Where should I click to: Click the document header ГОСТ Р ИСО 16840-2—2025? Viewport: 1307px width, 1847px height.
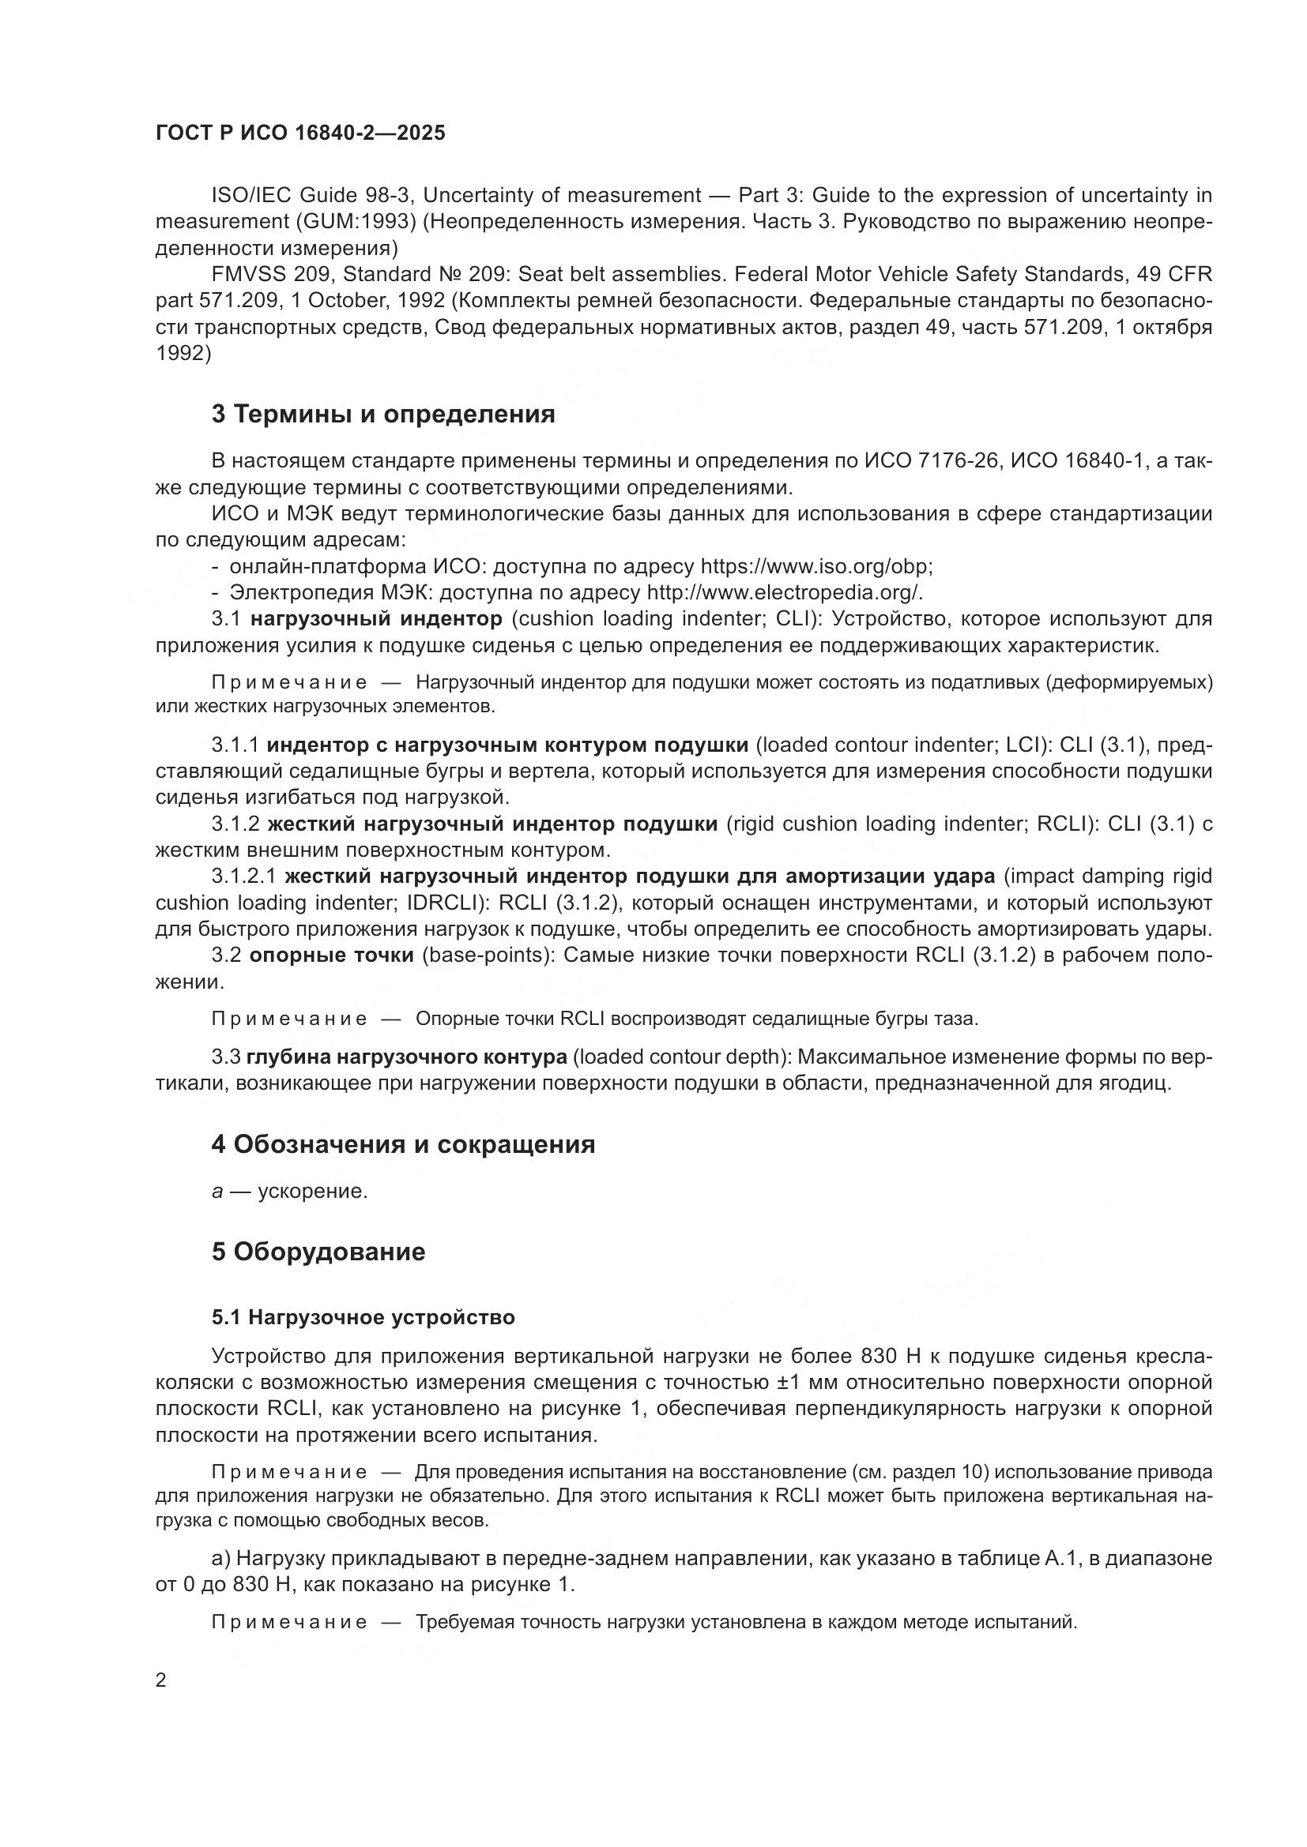coord(300,133)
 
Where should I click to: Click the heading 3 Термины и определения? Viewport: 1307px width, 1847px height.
coord(383,415)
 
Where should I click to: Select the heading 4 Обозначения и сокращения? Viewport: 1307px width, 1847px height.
coord(403,1145)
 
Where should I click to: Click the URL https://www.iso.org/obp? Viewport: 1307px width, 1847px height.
coord(815,566)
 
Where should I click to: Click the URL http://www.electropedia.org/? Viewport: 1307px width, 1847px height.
coord(784,593)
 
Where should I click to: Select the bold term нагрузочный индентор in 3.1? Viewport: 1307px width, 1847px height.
coord(376,619)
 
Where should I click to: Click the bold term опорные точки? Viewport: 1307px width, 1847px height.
coord(332,955)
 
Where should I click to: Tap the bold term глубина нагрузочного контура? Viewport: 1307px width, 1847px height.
coord(406,1057)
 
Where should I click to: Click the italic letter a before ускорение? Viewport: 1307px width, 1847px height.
coord(217,1192)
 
